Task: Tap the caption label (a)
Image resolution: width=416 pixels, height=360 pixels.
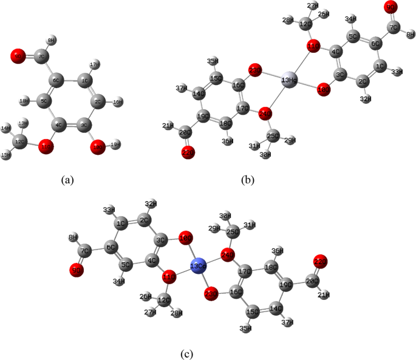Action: (x=67, y=179)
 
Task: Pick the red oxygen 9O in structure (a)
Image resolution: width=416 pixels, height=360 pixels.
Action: (x=18, y=58)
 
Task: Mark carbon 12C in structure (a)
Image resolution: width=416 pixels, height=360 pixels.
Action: (x=21, y=141)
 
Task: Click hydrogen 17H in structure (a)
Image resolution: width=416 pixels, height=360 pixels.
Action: (x=94, y=64)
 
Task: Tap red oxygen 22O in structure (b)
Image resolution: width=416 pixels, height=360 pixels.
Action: (x=188, y=154)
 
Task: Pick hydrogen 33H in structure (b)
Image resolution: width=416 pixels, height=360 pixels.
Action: (x=397, y=72)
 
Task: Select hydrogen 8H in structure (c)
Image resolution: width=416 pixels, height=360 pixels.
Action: (x=72, y=237)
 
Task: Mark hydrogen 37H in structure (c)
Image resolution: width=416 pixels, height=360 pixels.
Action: (x=293, y=322)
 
